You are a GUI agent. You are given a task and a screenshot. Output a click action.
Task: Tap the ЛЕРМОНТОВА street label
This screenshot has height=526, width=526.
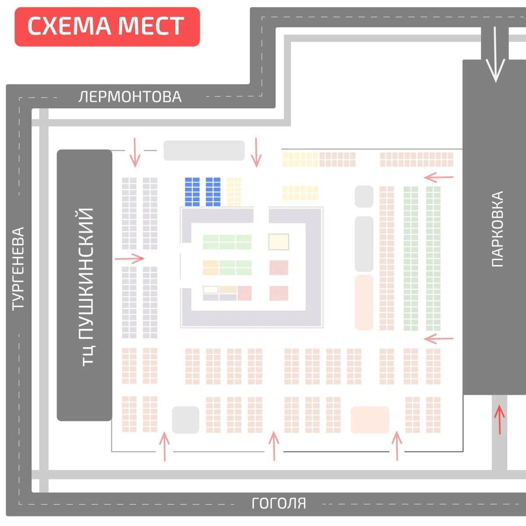[x=130, y=97]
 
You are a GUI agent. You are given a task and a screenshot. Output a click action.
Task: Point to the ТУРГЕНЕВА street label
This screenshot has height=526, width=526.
[x=18, y=269]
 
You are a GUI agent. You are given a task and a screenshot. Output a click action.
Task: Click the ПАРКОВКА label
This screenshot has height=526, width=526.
[x=497, y=229]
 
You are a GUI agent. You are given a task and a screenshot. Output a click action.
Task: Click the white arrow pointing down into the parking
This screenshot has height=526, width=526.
[x=495, y=54]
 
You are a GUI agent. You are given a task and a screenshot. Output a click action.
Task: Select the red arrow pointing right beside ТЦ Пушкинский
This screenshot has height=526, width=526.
[x=129, y=258]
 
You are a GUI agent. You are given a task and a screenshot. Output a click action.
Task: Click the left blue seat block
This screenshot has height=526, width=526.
[x=192, y=192]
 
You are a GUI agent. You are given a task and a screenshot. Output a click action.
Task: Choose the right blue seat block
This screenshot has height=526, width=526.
[x=213, y=192]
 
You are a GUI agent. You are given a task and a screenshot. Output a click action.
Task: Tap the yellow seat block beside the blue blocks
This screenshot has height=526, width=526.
[x=234, y=192]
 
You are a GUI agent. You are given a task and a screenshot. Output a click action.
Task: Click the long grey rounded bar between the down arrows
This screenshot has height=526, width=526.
[x=204, y=150]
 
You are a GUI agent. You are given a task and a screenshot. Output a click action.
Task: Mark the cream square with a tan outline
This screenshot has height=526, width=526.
[x=279, y=242]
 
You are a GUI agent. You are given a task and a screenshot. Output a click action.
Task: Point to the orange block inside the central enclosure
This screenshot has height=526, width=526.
[x=210, y=267]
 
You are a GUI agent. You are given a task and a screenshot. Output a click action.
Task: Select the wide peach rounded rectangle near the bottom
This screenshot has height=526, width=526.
[x=370, y=420]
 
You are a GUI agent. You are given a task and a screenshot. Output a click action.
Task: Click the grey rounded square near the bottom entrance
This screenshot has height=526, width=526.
[x=185, y=420]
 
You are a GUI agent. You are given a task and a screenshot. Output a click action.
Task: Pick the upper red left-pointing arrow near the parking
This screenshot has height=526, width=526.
[x=438, y=178]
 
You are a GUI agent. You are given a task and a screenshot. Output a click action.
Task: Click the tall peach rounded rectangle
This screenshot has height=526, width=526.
[x=364, y=302]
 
